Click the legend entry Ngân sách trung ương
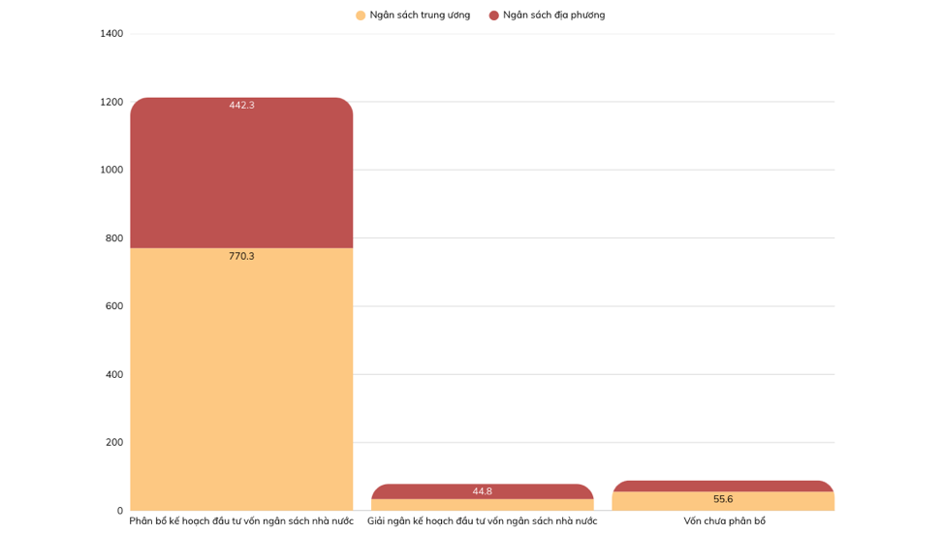420,16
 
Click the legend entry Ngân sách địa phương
553,16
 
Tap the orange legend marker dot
361,16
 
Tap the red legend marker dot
494,16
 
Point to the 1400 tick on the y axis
111,34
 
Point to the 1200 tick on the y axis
111,102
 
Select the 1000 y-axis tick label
111,170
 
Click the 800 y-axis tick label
114,238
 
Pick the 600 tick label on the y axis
114,306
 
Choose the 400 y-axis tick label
114,375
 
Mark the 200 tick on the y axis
114,443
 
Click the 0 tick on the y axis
120,511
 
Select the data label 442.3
241,106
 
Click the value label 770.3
241,257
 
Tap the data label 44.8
482,491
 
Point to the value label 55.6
723,499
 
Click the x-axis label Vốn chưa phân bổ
724,521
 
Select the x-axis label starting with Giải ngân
482,521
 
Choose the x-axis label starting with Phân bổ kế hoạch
241,521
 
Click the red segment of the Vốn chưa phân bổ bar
723,486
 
